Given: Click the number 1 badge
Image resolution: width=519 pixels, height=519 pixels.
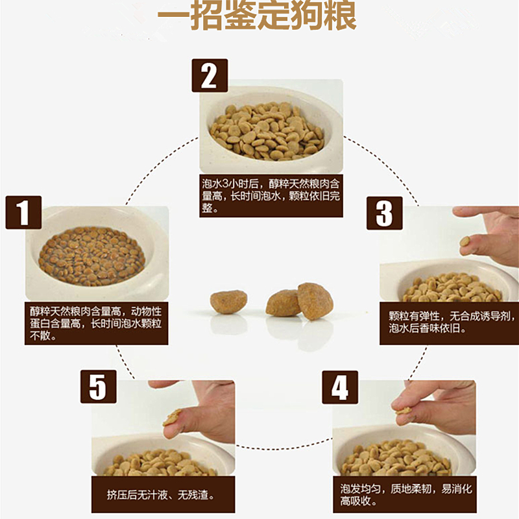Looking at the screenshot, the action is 23,213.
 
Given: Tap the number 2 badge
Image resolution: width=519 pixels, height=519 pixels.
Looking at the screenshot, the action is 210,76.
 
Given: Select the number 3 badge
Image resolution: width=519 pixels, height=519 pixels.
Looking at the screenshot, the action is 385,213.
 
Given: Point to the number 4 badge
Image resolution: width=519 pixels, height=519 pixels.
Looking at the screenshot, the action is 340,387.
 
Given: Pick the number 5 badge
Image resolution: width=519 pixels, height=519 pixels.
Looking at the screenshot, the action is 99,387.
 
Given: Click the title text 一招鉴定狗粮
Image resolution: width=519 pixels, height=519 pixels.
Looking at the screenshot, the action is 257,15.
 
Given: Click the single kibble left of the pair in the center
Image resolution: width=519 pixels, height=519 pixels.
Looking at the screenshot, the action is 228,302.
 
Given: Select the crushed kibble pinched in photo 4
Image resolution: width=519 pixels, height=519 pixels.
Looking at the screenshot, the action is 404,411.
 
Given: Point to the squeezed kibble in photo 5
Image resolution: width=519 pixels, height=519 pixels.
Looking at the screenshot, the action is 172,417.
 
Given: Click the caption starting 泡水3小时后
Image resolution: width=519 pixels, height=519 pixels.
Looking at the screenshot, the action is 271,196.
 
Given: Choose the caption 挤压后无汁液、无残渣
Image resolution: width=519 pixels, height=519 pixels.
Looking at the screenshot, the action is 160,495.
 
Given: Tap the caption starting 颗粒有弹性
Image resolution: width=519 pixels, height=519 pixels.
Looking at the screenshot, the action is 452,322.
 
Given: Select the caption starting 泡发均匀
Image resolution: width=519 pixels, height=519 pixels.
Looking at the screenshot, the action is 406,494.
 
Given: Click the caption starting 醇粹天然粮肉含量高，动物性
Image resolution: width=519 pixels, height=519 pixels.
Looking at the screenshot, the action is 95,323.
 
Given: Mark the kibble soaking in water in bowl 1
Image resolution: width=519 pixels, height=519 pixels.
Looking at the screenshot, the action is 92,256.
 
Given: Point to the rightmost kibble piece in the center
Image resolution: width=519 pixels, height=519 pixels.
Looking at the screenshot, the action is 315,300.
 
